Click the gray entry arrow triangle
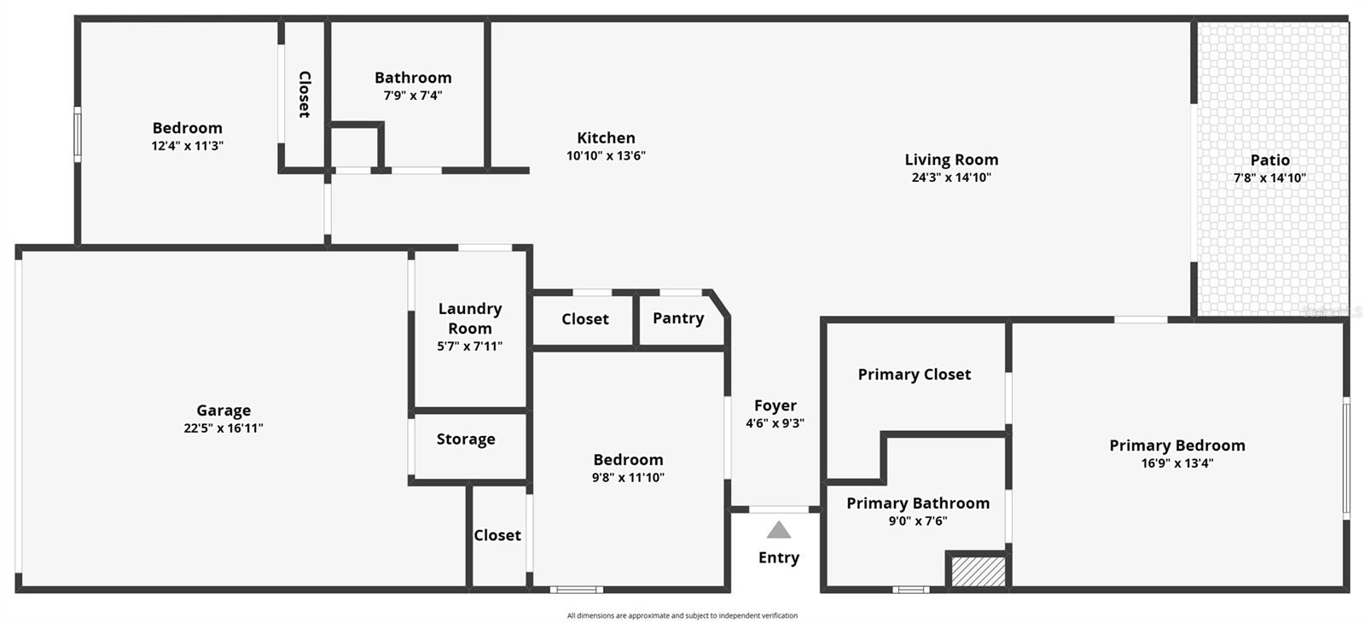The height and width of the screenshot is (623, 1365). click(778, 531)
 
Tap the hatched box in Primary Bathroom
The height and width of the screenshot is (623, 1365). click(978, 571)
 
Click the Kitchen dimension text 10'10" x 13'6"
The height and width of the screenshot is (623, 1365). click(606, 156)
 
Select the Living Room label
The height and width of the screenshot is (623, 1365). click(951, 160)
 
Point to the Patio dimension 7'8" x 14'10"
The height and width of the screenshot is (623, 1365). click(1269, 178)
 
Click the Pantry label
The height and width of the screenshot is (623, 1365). click(678, 318)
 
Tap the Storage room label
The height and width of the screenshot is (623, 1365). click(466, 440)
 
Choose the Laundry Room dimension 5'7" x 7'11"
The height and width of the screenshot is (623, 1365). click(469, 346)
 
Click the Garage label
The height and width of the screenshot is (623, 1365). click(224, 410)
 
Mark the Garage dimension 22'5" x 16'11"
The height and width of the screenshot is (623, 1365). click(224, 428)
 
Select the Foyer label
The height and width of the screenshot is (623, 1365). click(775, 405)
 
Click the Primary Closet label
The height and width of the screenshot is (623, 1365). click(914, 375)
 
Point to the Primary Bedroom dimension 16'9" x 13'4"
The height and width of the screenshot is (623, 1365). click(1177, 463)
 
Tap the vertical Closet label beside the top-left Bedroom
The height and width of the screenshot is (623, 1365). click(305, 94)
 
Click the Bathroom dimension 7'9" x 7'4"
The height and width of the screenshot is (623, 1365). click(413, 96)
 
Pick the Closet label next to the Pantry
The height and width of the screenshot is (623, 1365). click(585, 319)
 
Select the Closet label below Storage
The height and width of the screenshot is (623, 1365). click(497, 535)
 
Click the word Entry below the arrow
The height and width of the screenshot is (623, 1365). click(779, 557)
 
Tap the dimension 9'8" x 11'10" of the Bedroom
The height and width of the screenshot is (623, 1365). click(628, 478)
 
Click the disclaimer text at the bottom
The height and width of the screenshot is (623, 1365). click(682, 615)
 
